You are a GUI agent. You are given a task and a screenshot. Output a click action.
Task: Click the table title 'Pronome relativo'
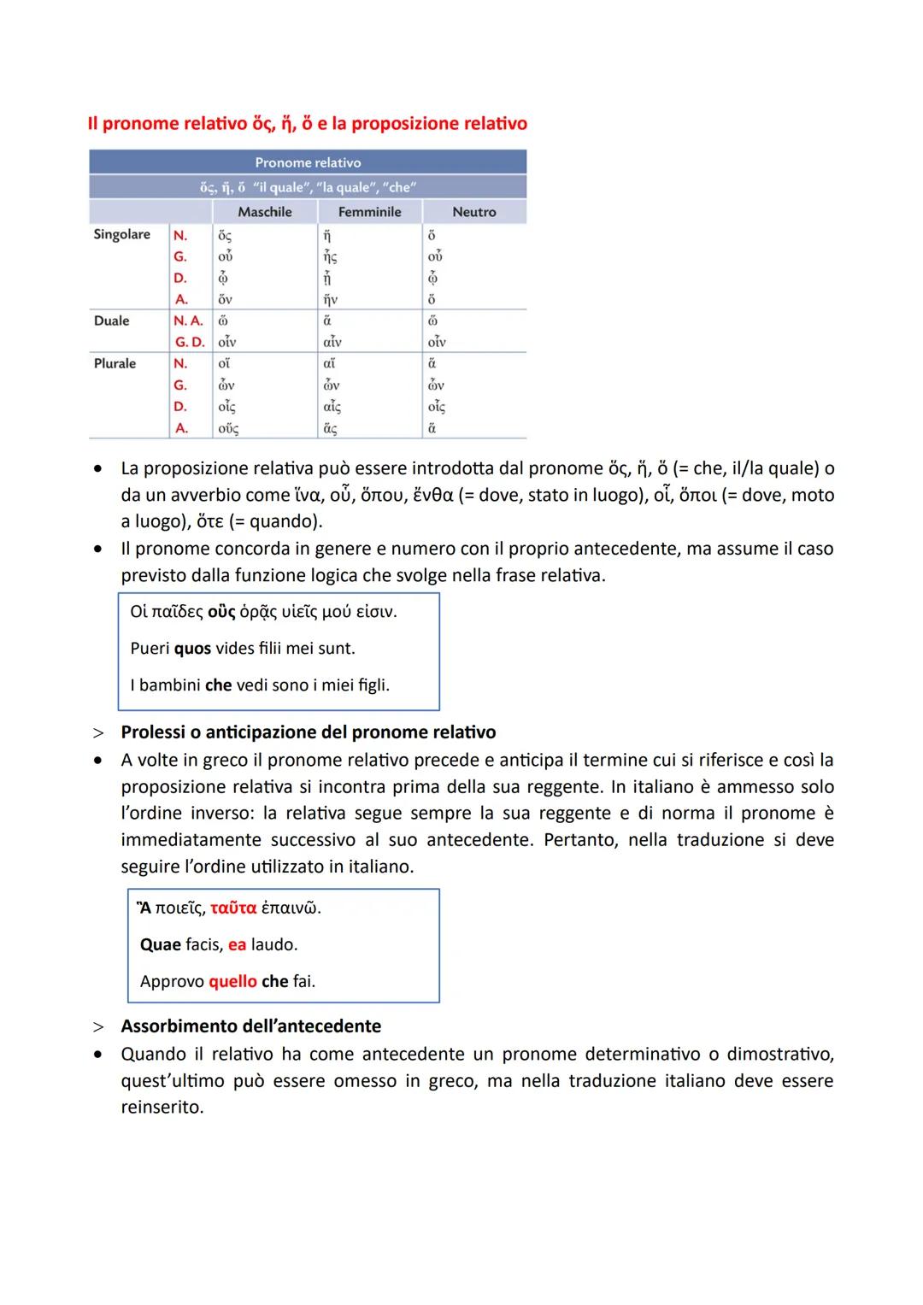point(308,162)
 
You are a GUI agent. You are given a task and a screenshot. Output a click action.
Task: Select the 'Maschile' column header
point(264,212)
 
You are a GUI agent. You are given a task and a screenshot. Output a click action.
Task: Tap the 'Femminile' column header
point(369,212)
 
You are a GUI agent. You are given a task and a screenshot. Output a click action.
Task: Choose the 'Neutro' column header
point(473,212)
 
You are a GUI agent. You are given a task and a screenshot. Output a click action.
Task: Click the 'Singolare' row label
point(121,234)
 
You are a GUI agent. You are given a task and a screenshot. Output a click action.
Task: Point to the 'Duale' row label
point(111,320)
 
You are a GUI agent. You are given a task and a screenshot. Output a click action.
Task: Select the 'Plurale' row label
point(115,363)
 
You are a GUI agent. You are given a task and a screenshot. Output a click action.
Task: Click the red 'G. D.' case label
point(190,342)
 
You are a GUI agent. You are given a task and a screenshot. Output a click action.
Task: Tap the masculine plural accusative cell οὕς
point(228,428)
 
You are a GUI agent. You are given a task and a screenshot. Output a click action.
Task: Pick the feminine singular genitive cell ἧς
point(330,256)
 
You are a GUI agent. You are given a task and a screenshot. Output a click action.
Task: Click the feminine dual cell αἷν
point(332,342)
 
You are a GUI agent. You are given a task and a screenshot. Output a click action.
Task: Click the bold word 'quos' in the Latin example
point(192,649)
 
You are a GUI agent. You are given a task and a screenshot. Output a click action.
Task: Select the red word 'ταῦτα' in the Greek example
point(233,908)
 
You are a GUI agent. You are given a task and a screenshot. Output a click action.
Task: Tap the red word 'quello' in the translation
point(232,981)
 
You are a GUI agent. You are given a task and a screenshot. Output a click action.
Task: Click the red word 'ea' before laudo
point(237,945)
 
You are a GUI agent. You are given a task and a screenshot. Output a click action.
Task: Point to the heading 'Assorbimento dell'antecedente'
point(250,1026)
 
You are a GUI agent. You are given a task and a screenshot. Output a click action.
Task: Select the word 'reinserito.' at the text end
point(162,1108)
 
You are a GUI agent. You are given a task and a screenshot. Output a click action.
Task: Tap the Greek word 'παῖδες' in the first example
point(178,612)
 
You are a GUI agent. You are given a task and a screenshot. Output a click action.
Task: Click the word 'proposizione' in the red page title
point(404,124)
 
